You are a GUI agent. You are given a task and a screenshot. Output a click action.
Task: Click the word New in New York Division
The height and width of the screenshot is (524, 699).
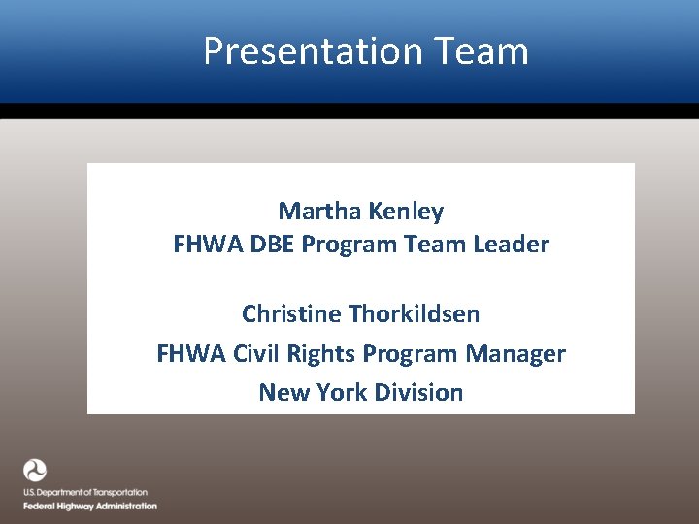280,393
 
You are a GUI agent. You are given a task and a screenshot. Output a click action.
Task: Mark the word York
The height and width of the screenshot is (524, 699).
336,393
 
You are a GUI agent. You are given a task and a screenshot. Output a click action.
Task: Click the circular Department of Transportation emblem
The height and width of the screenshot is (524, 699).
35,471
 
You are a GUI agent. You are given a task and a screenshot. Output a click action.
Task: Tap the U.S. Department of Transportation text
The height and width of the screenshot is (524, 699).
85,493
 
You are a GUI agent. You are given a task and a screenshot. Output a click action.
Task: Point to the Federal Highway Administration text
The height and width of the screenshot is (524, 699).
89,506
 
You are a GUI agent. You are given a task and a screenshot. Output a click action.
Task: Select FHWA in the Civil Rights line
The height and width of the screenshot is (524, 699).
190,354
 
